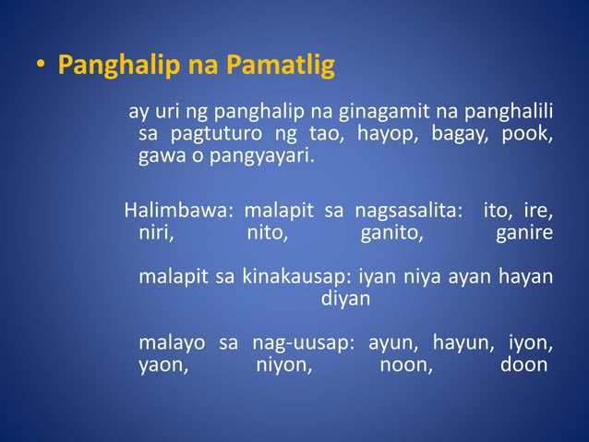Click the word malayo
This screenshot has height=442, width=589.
click(172, 344)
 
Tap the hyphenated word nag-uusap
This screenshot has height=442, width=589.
click(304, 344)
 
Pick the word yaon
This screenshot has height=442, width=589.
click(162, 365)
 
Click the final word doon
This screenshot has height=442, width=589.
click(522, 365)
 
